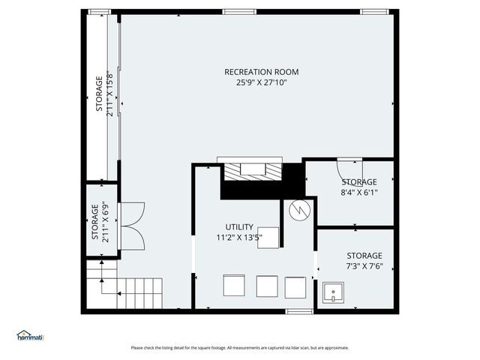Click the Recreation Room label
[262, 72]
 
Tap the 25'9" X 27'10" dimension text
[262, 82]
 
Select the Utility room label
[239, 226]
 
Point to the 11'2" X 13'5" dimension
[239, 237]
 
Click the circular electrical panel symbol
[300, 210]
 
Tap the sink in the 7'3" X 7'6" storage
[333, 292]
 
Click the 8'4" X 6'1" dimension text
[359, 192]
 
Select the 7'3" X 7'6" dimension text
[364, 266]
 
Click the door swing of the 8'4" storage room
[349, 172]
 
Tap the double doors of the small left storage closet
[133, 226]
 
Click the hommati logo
[30, 335]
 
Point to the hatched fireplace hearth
[253, 172]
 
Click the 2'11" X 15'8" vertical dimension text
[109, 94]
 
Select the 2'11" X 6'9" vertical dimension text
[105, 222]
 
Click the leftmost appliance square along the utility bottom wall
[234, 285]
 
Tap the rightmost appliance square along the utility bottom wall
[295, 287]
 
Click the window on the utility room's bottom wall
[299, 311]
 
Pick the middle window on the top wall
[239, 12]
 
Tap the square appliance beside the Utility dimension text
[268, 238]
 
